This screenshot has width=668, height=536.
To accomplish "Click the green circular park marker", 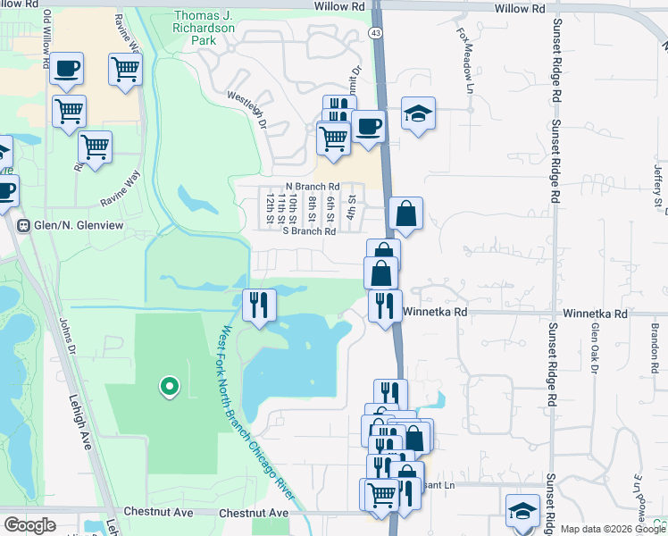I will [x=168, y=387].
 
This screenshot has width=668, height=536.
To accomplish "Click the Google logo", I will [x=29, y=524].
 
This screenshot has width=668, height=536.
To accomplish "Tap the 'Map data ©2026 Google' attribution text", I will [x=613, y=529].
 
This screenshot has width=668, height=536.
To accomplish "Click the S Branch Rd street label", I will [x=308, y=231].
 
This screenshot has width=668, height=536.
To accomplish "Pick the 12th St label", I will [x=269, y=206].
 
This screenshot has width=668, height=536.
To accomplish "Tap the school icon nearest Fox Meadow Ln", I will [x=418, y=113].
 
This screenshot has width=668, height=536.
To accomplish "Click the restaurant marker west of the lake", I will [x=258, y=306].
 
